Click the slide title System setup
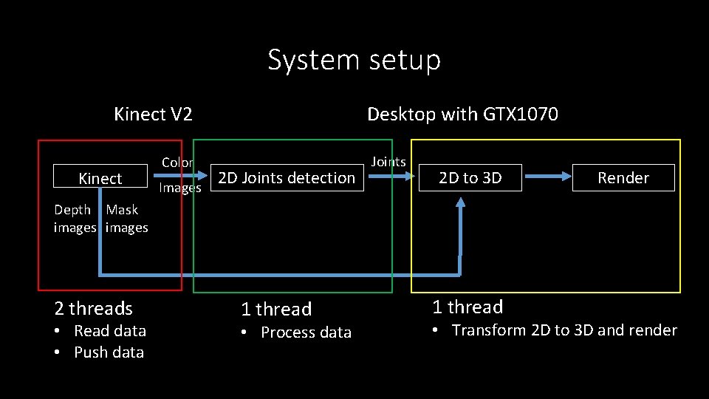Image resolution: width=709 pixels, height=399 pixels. [x=354, y=60]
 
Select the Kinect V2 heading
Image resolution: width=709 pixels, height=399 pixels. [x=153, y=114]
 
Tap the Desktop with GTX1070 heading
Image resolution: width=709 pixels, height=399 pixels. [x=462, y=114]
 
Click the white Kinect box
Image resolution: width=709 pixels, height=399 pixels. [x=100, y=177]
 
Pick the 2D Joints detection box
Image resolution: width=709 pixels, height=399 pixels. [x=287, y=177]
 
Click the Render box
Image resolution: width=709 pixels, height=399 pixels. [x=623, y=177]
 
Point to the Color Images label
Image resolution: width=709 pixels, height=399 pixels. [x=179, y=174]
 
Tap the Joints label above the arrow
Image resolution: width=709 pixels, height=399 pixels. [x=388, y=162]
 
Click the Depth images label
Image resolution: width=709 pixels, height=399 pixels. [x=74, y=219]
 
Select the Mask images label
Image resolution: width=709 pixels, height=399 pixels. [x=126, y=219]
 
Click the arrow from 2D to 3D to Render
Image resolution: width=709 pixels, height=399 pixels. [x=547, y=177]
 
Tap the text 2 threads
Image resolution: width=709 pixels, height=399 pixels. [x=93, y=308]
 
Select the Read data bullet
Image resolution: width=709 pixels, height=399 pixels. [x=109, y=330]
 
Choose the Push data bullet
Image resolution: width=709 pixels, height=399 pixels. [x=109, y=352]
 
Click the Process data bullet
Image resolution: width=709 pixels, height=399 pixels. [x=305, y=332]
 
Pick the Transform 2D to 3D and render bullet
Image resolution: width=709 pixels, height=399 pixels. [x=564, y=330]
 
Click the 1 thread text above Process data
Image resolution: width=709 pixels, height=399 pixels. [x=276, y=309]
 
